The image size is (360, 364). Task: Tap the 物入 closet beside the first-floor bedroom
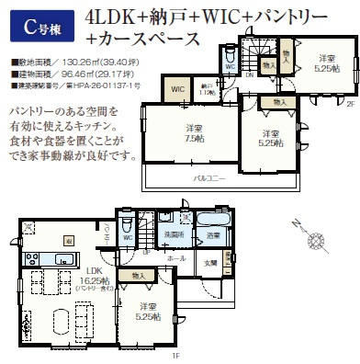click(139, 275)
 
